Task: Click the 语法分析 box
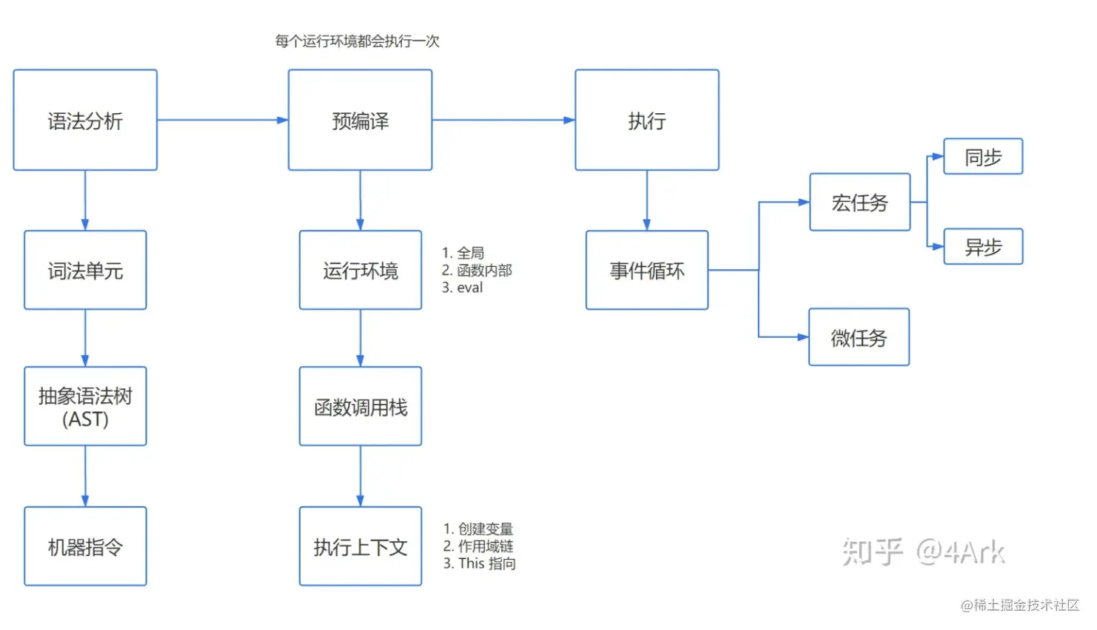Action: pyautogui.click(x=85, y=121)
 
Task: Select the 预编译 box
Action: pyautogui.click(x=360, y=121)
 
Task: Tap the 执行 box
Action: pyautogui.click(x=646, y=121)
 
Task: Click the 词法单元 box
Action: pyautogui.click(x=85, y=271)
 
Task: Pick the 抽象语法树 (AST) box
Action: pyautogui.click(x=85, y=407)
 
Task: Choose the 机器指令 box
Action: pyautogui.click(x=85, y=546)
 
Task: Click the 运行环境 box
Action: pyautogui.click(x=360, y=271)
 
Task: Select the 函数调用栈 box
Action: pyautogui.click(x=360, y=407)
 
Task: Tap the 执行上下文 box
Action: pyautogui.click(x=360, y=546)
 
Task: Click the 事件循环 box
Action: pyautogui.click(x=646, y=271)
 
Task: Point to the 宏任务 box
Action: pyautogui.click(x=859, y=203)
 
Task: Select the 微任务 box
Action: pyautogui.click(x=859, y=338)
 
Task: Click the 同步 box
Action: pyautogui.click(x=982, y=157)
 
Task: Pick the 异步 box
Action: pyautogui.click(x=982, y=247)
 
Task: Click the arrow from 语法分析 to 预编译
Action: pyautogui.click(x=222, y=120)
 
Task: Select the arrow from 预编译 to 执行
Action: pyautogui.click(x=503, y=120)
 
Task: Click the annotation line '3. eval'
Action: pyautogui.click(x=463, y=288)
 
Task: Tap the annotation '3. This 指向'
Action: pyautogui.click(x=479, y=563)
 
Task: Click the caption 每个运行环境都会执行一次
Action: pyautogui.click(x=357, y=41)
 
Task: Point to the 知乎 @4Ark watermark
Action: pyautogui.click(x=923, y=552)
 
